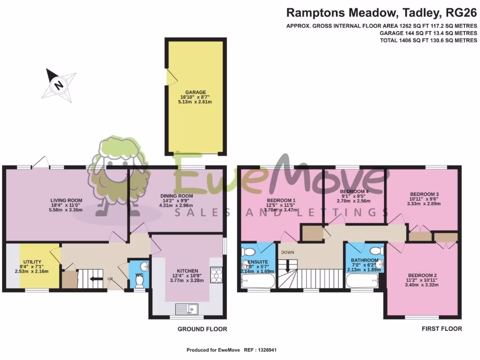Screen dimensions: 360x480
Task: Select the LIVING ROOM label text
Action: pyautogui.click(x=66, y=199)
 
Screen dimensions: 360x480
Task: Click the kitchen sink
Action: pyautogui.click(x=187, y=309)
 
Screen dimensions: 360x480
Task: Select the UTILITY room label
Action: pyautogui.click(x=32, y=262)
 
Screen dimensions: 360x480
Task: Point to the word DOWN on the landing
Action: pyautogui.click(x=287, y=252)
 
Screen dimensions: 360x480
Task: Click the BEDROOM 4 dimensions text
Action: pyautogui.click(x=353, y=201)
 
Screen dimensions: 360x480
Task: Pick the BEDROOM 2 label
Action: pyautogui.click(x=422, y=275)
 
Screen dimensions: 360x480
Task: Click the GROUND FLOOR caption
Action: pyautogui.click(x=202, y=329)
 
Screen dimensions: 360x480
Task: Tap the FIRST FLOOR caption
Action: pyautogui.click(x=442, y=329)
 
